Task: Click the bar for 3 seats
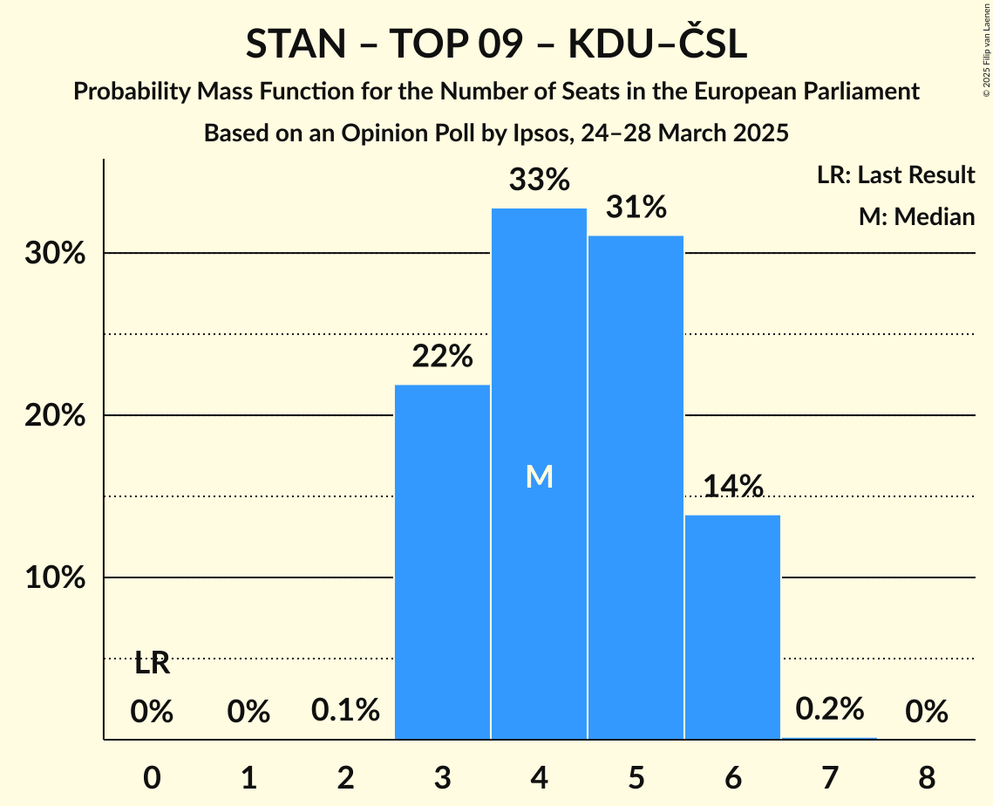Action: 443,562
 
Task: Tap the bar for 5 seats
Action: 636,488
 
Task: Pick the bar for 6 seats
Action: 732,627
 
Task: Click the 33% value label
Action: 540,181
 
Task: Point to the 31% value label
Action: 636,208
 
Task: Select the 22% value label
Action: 443,357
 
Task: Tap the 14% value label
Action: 732,487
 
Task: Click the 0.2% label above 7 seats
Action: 829,709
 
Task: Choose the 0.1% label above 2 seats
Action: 346,711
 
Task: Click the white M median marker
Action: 540,476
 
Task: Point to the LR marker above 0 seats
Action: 152,665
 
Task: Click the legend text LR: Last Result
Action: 895,175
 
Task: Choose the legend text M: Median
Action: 916,216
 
